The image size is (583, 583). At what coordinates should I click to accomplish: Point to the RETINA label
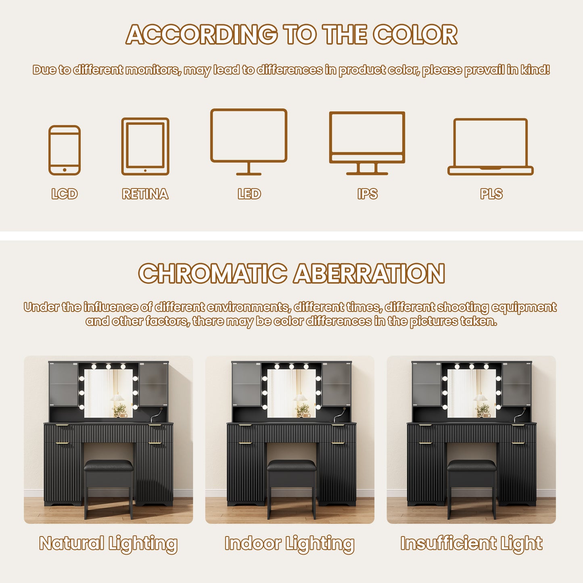[x=145, y=194]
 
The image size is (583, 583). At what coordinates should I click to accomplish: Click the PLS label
[x=491, y=194]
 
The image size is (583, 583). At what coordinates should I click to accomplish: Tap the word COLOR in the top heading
[x=415, y=34]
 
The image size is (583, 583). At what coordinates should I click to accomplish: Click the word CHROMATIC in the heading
[x=213, y=273]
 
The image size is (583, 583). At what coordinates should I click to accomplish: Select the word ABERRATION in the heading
[x=370, y=273]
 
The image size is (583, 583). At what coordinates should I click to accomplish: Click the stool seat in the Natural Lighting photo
[x=108, y=465]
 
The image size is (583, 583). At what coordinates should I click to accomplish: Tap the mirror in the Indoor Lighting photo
[x=291, y=393]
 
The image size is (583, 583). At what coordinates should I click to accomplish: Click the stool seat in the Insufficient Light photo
[x=471, y=465]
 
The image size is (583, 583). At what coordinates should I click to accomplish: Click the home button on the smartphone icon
[x=65, y=170]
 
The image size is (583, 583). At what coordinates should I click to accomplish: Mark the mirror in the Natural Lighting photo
[x=108, y=393]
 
